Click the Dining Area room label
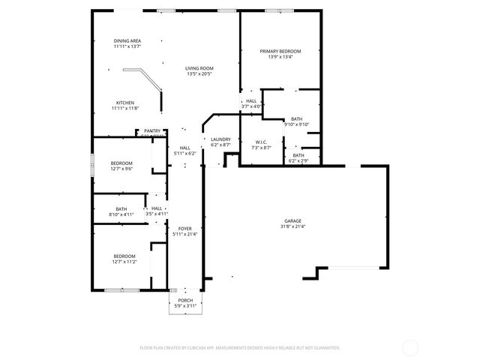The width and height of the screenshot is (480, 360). coord(127,40)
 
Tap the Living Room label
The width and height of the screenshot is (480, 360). coord(199,68)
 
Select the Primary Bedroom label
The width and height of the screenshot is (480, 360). coord(276,51)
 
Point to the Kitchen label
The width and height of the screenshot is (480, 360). coord(125,103)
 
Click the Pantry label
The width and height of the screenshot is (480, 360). coord(152,130)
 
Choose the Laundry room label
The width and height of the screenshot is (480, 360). coord(220,139)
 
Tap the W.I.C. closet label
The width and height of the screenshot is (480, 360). coord(261,142)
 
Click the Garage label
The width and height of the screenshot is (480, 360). coord(292,220)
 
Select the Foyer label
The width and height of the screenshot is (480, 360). coord(184,229)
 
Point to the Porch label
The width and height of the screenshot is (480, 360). coord(184,300)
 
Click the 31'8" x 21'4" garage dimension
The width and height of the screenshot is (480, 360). coord(292,226)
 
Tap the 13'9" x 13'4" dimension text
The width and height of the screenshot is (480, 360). coord(276,56)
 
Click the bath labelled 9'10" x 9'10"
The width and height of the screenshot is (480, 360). coord(297,121)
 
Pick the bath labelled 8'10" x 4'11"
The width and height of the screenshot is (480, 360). coord(121,211)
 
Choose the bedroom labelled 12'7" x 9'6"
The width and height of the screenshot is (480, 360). coord(121,166)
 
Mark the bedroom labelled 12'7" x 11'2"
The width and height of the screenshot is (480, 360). coord(124,259)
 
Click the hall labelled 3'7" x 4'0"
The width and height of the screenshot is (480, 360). coord(251,103)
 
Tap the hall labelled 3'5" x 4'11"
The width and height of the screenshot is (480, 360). coord(157,211)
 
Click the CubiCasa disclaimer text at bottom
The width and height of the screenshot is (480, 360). coord(240,348)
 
